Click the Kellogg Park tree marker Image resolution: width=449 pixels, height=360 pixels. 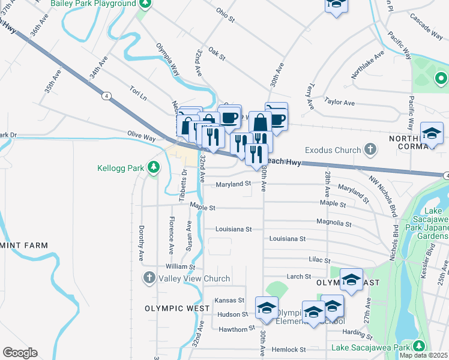(154, 167)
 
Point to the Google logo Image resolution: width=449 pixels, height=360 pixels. (20, 353)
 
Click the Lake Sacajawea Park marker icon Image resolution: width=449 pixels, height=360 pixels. (419, 347)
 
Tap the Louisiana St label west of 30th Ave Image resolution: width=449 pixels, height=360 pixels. (234, 229)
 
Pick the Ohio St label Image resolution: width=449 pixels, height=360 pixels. (225, 14)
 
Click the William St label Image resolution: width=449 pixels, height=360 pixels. (181, 266)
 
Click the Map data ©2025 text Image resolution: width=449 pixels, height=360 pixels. (423, 355)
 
